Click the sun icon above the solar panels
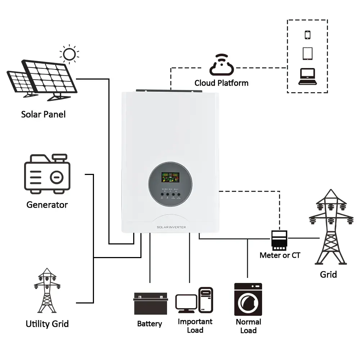[69, 54]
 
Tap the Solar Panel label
[43, 114]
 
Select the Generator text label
[47, 205]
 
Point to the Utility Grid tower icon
[47, 290]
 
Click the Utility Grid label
[47, 324]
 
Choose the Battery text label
[149, 324]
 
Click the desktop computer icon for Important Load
[194, 300]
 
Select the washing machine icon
[248, 299]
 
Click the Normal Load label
[248, 326]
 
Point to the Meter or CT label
[280, 255]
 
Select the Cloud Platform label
[221, 83]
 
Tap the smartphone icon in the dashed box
[307, 35]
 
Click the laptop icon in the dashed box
[307, 76]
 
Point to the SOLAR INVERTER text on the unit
[171, 227]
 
